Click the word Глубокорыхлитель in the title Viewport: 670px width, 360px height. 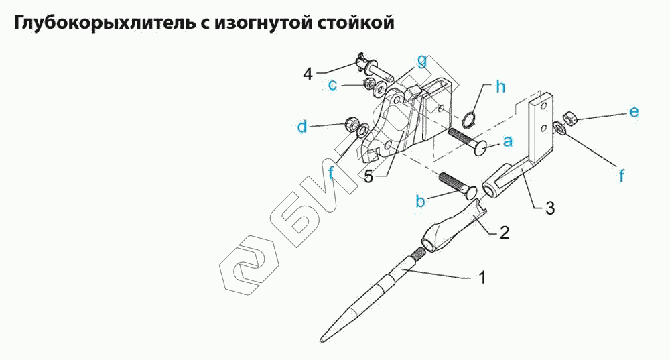(105, 23)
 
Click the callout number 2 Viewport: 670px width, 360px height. (505, 233)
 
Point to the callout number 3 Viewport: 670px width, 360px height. (550, 208)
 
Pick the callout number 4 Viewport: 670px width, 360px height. (308, 74)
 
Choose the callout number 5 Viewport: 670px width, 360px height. (368, 176)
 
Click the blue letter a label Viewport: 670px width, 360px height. (508, 141)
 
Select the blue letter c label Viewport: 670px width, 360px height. (332, 85)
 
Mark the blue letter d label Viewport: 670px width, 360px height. (302, 127)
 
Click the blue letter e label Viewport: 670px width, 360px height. (634, 111)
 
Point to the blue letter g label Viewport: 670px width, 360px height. (421, 62)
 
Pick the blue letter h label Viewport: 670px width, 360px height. (500, 86)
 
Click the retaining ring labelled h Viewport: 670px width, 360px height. (469, 119)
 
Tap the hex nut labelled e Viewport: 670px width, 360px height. (570, 118)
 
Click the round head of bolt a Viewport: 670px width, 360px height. (483, 149)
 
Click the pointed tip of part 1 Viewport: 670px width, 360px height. (322, 341)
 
